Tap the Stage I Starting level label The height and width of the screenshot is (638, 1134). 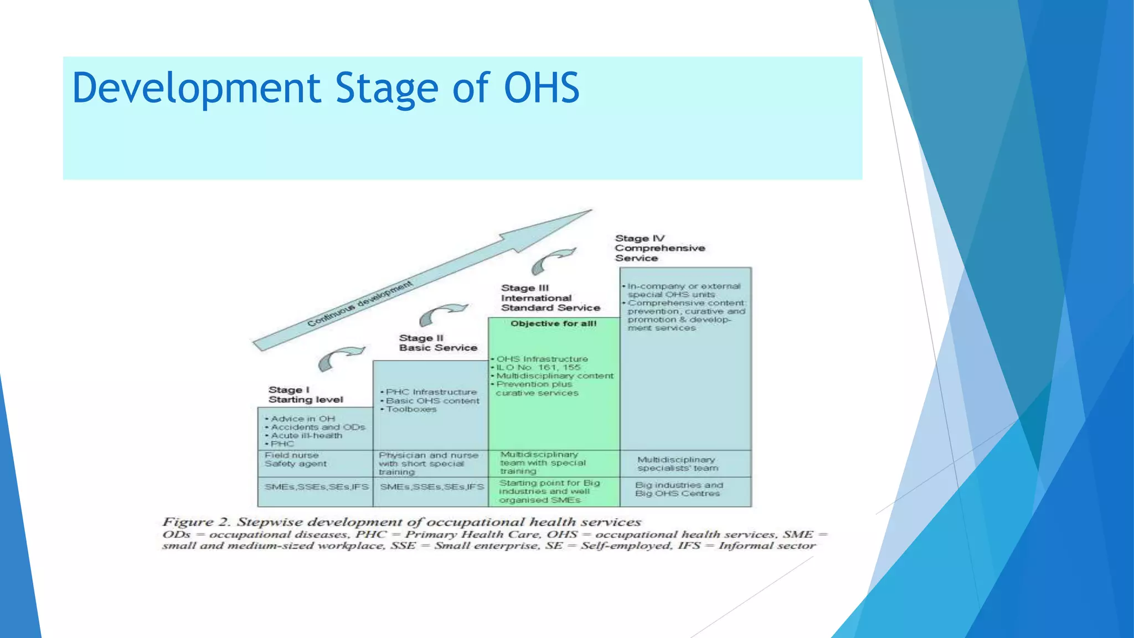(305, 394)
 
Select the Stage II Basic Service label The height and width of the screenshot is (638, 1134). (437, 343)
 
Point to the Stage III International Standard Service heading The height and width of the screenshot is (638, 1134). (550, 298)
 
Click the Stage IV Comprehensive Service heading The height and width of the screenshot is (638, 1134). (659, 248)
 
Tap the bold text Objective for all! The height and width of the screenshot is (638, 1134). (553, 323)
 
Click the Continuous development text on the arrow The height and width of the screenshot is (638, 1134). (360, 303)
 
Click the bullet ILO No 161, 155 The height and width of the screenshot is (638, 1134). (538, 367)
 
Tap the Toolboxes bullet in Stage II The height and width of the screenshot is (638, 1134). (411, 409)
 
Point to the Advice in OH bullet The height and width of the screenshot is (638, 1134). (302, 419)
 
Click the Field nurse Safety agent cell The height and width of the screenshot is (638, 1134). (296, 460)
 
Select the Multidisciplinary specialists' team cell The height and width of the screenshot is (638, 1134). (677, 464)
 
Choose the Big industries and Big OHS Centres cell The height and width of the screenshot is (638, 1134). (678, 489)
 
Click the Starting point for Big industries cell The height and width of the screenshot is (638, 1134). (549, 491)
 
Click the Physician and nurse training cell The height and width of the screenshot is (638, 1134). (428, 463)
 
